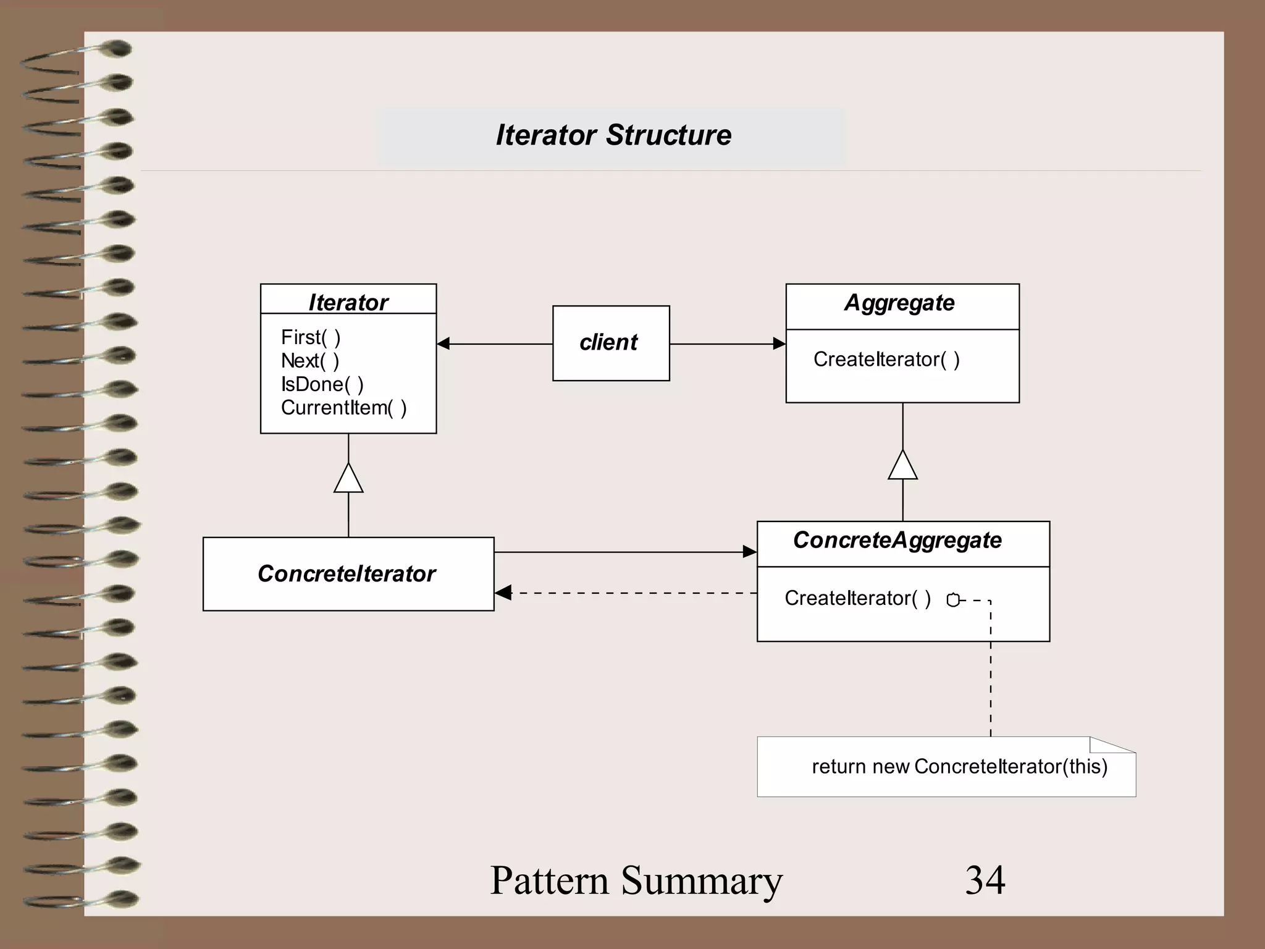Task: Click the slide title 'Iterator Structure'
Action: [x=613, y=135]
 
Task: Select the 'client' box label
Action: [x=608, y=342]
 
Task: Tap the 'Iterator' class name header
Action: [x=348, y=302]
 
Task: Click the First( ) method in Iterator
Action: [x=311, y=337]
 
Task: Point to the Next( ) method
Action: [x=309, y=361]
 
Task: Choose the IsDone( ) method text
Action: [x=322, y=384]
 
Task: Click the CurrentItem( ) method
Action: [x=343, y=408]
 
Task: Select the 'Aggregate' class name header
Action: [x=899, y=303]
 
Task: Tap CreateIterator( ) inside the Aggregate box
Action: [x=886, y=359]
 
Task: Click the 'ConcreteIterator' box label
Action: [x=347, y=574]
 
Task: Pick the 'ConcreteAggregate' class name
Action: [x=897, y=540]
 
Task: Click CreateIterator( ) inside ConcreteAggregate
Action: [x=857, y=598]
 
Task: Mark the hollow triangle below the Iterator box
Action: [x=348, y=479]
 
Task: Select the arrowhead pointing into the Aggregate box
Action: [x=779, y=344]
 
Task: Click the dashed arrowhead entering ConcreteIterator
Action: [x=503, y=593]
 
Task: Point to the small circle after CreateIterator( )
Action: [x=953, y=600]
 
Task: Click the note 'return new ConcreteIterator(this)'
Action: [x=959, y=767]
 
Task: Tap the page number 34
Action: [x=985, y=880]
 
